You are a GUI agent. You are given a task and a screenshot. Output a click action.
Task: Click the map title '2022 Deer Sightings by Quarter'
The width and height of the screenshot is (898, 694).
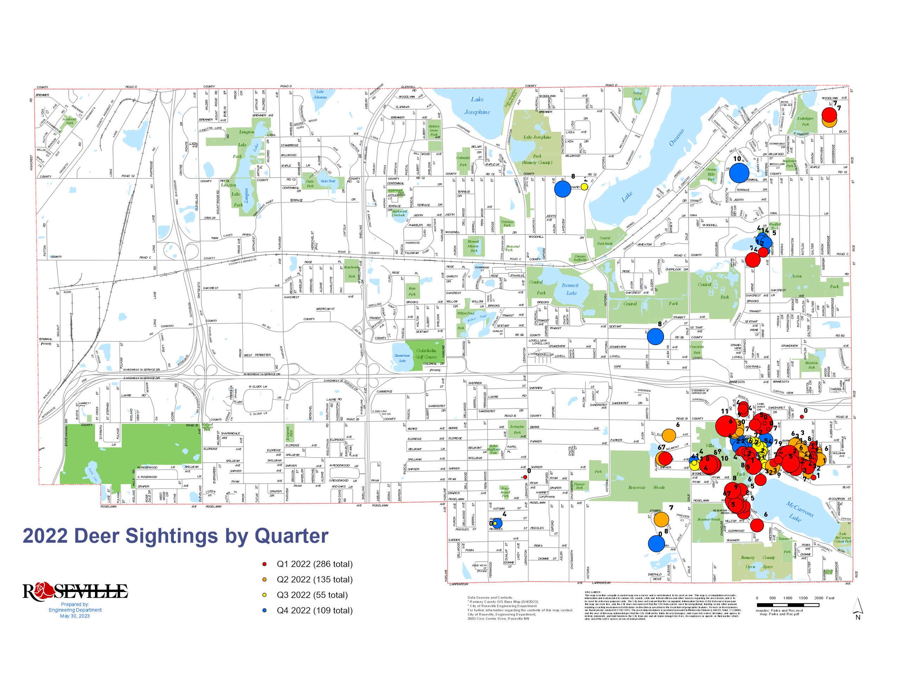pos(176,536)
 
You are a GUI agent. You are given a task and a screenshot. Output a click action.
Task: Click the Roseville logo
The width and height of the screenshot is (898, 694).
pos(75,592)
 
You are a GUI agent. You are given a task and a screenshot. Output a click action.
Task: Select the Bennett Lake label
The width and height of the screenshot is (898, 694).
pos(571,289)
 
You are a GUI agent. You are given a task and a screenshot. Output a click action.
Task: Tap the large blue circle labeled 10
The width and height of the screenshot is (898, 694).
pos(739,173)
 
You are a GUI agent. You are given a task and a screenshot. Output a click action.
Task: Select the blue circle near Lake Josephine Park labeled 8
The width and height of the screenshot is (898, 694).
pos(563,189)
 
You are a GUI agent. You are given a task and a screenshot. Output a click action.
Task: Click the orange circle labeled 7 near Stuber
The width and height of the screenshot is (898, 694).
pos(661,519)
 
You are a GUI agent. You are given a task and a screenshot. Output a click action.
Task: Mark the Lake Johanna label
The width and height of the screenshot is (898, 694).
pos(320,95)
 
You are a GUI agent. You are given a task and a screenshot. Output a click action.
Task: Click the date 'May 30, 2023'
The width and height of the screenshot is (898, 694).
pos(75,616)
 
